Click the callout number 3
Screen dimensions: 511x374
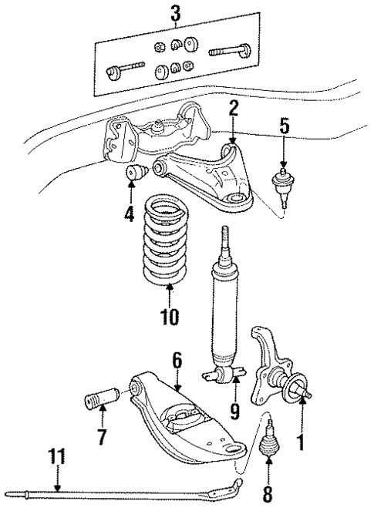pos(176,13)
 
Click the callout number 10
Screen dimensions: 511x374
pos(170,316)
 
